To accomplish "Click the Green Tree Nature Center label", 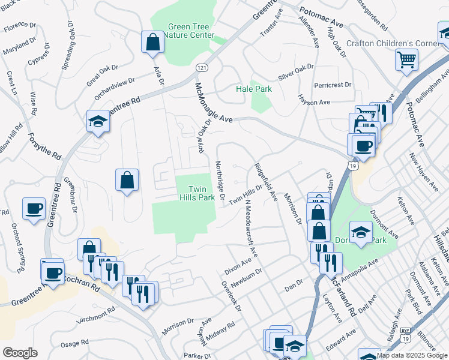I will pos(190,31).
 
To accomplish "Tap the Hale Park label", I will pos(253,89).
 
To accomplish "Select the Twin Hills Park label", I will pos(197,193).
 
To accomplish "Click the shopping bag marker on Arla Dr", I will pos(152,42).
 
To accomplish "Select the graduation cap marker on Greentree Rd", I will pos(97,122).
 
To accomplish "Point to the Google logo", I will pos(20,353).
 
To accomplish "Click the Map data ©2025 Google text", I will pos(412,355).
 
